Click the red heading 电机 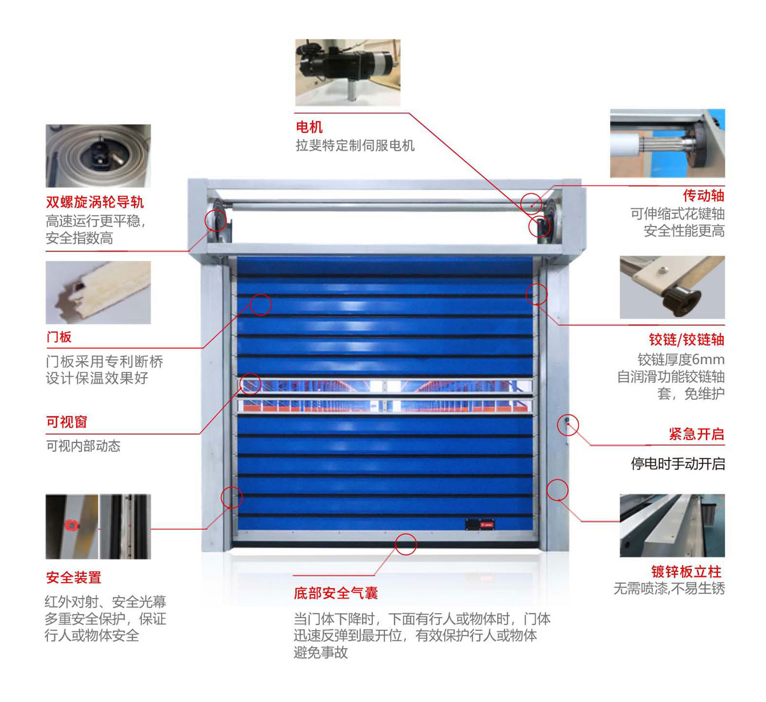(x=309, y=126)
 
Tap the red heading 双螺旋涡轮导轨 (x=94, y=202)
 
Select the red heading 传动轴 (x=703, y=195)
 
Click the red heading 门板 (x=59, y=337)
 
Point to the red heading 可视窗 (x=66, y=422)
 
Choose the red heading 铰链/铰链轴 (x=687, y=339)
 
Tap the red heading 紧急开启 (x=696, y=434)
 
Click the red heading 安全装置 (x=73, y=577)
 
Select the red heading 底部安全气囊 (x=336, y=593)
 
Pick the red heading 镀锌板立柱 (x=686, y=571)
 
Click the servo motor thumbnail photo (x=347, y=72)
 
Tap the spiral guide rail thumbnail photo (x=98, y=156)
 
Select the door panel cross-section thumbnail (x=98, y=293)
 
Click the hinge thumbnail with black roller (x=672, y=287)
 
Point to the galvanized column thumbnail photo (x=672, y=526)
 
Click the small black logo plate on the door (x=480, y=524)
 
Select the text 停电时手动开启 (x=677, y=464)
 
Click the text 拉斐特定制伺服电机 (x=355, y=145)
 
